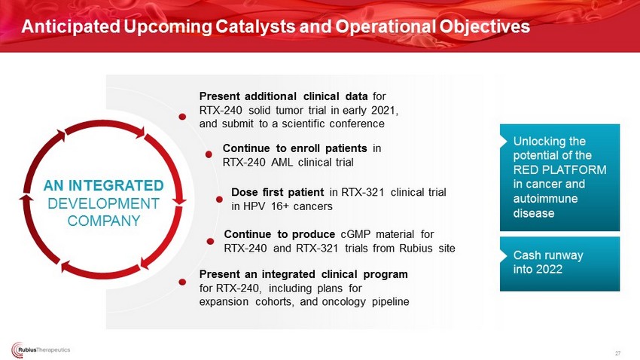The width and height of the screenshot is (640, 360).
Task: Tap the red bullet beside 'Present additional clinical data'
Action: [182, 117]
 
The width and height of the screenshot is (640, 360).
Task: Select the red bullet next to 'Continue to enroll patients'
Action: [209, 154]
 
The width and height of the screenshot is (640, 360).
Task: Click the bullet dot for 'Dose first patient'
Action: [219, 199]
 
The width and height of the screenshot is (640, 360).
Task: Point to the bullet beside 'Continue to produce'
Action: [210, 241]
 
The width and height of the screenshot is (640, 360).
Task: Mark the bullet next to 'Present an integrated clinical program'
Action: [182, 282]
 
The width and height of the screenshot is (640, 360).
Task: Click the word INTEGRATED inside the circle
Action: [116, 186]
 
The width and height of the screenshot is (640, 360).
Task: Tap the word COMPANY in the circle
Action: [104, 221]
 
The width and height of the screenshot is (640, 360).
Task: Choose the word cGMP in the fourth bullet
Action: [355, 234]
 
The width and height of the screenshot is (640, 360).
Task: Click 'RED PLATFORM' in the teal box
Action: [559, 169]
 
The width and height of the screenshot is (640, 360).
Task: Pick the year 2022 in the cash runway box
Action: [550, 270]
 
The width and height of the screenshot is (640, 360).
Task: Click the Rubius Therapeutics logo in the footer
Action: [41, 349]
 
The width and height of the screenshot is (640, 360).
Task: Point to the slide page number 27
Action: [617, 353]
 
